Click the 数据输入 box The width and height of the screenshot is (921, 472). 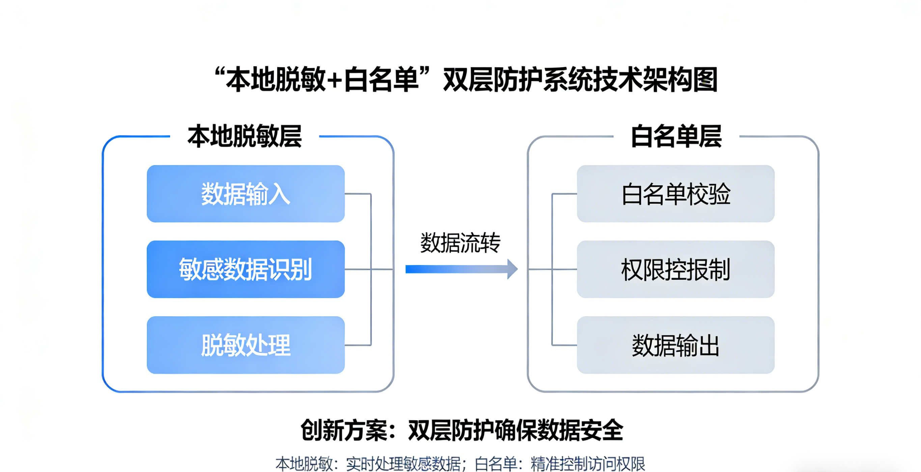tap(246, 194)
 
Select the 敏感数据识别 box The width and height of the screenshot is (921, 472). tap(246, 269)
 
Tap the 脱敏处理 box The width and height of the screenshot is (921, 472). tap(246, 345)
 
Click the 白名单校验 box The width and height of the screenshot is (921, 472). tap(675, 194)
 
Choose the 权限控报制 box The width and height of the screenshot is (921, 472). tap(675, 269)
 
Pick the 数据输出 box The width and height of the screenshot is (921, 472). tap(675, 345)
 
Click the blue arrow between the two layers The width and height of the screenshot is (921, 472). tap(461, 269)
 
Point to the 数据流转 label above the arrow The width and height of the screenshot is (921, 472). tap(460, 243)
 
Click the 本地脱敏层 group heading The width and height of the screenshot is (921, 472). tap(245, 136)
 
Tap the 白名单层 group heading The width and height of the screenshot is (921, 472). tap(676, 136)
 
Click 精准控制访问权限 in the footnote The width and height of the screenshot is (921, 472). tap(588, 464)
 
